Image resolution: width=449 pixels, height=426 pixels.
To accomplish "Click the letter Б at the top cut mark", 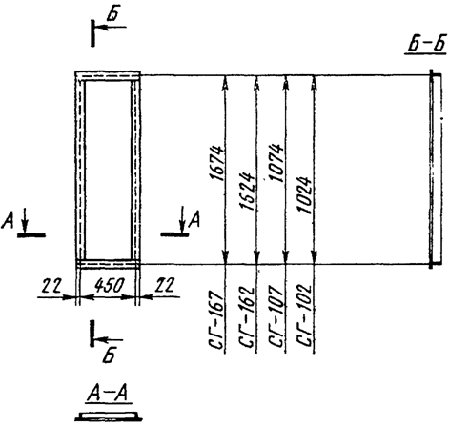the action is (x=123, y=11).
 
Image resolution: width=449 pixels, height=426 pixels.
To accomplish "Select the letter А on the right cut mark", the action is (x=194, y=219).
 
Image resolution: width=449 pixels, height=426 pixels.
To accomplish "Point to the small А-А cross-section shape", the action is (x=112, y=415).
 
